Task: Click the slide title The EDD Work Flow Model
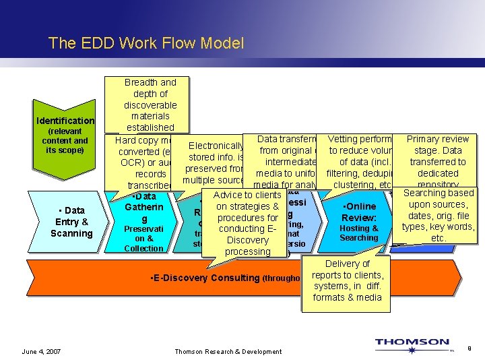tap(146, 44)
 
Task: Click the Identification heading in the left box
tap(65, 121)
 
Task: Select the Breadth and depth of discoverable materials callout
tap(150, 104)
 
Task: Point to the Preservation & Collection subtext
tap(144, 238)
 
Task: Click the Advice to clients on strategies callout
tap(247, 223)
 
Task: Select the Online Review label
tap(359, 212)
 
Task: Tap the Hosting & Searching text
tap(359, 233)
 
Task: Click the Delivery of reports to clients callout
tap(347, 280)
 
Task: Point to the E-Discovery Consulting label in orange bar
tap(205, 278)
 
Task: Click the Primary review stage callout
tap(437, 161)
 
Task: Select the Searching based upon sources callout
tap(439, 216)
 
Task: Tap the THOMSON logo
tap(412, 343)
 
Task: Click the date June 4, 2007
tap(41, 351)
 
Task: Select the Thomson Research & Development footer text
tap(228, 351)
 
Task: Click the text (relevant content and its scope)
tap(65, 140)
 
